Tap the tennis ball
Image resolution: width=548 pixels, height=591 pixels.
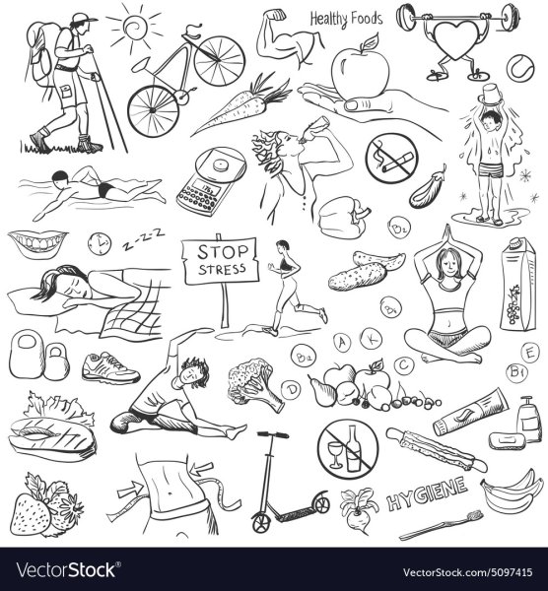pyautogui.click(x=520, y=68)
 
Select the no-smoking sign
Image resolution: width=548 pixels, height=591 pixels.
pyautogui.click(x=391, y=159)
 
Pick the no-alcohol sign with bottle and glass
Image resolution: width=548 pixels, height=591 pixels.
pyautogui.click(x=347, y=448)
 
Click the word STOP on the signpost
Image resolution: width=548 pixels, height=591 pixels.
pyautogui.click(x=223, y=252)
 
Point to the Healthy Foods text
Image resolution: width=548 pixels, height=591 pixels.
pyautogui.click(x=346, y=19)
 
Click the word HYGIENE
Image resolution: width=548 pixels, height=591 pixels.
pyautogui.click(x=427, y=494)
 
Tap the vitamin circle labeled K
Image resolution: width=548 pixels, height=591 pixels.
pyautogui.click(x=371, y=339)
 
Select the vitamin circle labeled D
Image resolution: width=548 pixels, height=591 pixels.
pyautogui.click(x=291, y=390)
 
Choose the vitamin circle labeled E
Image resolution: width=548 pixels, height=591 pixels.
pyautogui.click(x=530, y=354)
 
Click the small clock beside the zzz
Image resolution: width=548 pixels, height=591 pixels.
pyautogui.click(x=100, y=244)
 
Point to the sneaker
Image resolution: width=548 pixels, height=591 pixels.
pyautogui.click(x=111, y=367)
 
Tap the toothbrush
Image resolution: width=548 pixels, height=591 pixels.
pyautogui.click(x=442, y=524)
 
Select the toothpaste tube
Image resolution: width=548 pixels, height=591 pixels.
pyautogui.click(x=470, y=412)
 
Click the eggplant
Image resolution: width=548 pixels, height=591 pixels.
pyautogui.click(x=429, y=188)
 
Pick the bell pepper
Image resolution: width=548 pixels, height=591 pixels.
pyautogui.click(x=343, y=217)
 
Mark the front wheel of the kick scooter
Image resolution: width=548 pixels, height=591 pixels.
pyautogui.click(x=261, y=522)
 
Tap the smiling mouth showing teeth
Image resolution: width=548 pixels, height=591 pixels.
pyautogui.click(x=38, y=243)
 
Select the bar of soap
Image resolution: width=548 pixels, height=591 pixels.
pyautogui.click(x=507, y=441)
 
